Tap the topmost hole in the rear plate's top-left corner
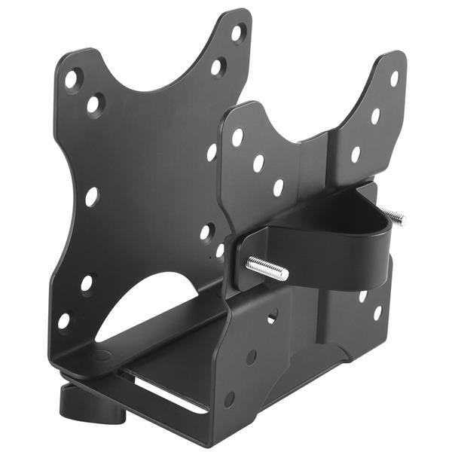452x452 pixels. coord(72,78)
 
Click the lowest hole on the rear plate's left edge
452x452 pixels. coord(64,320)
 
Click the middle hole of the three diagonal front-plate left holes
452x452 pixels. coord(258,163)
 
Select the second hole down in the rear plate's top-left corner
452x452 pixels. coord(94,104)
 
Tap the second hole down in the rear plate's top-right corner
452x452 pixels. coord(218,67)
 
